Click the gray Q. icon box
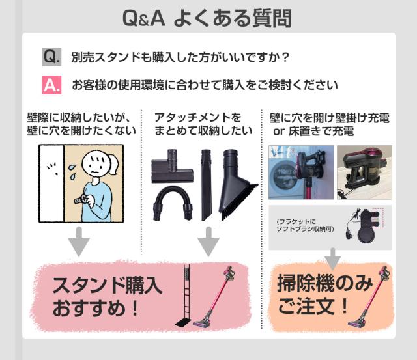[51, 57]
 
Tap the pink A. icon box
[51, 85]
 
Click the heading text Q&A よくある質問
[207, 18]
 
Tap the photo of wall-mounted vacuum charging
[301, 173]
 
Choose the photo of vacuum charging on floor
[364, 173]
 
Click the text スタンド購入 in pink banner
[107, 285]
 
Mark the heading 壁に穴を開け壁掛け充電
[329, 118]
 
